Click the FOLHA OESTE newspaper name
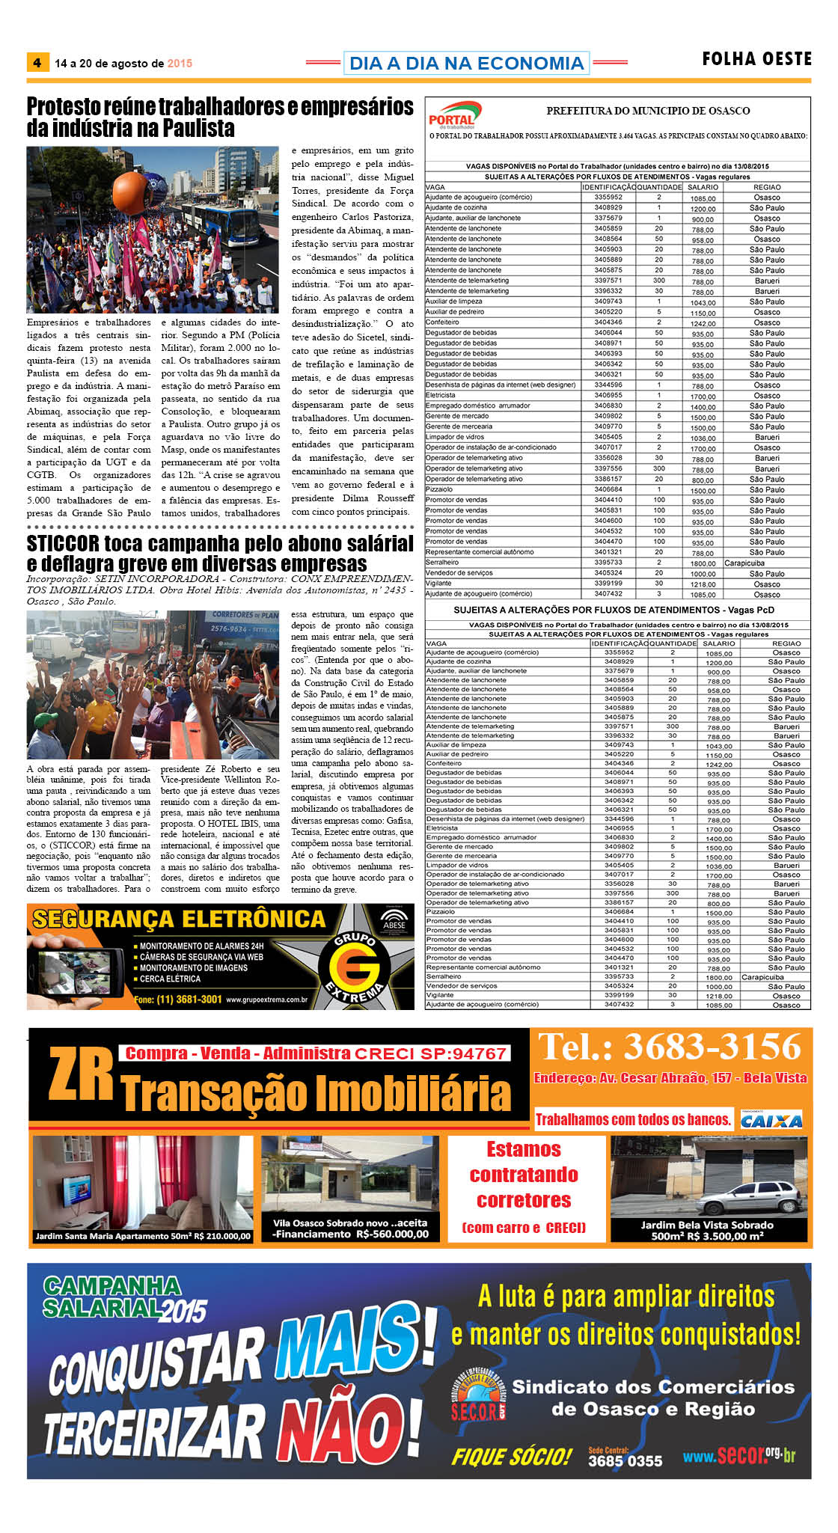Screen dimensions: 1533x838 [756, 59]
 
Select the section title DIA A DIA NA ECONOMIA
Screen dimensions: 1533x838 [466, 64]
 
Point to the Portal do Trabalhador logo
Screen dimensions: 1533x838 [453, 115]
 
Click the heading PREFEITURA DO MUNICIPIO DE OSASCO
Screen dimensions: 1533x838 [648, 111]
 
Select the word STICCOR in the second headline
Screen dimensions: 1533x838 [63, 543]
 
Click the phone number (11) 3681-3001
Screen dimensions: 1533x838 [189, 1000]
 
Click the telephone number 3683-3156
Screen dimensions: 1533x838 [670, 1047]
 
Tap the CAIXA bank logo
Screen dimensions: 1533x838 [771, 1120]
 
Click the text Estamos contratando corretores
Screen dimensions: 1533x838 [524, 1175]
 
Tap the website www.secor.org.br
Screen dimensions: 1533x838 [738, 1455]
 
